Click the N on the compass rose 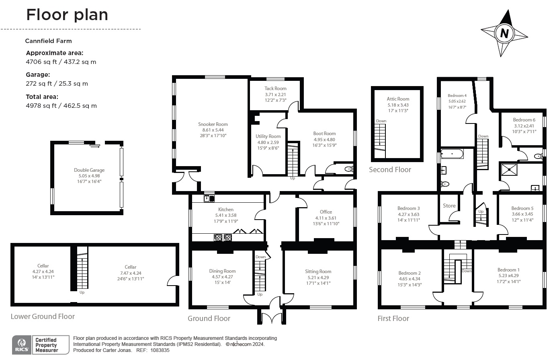pos(504,33)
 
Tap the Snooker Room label pos(213,124)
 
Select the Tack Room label pos(275,88)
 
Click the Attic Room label pos(398,99)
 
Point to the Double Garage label pos(89,170)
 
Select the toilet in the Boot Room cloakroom pos(348,169)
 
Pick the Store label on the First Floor pos(449,206)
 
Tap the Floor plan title pos(67,15)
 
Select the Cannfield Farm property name pos(48,41)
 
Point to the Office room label pos(326,212)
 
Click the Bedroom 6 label pos(524,120)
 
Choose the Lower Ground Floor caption pos(43,317)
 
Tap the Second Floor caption pos(390,170)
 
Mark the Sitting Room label pos(318,272)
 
